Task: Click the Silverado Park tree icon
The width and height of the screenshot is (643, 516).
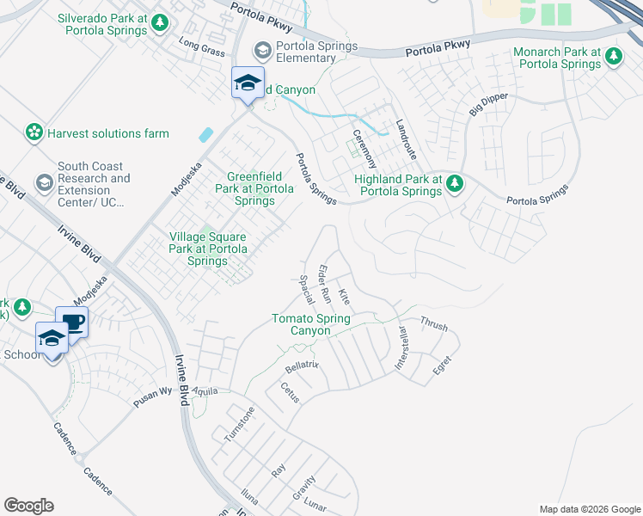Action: click(159, 22)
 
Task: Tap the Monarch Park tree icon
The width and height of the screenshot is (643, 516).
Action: click(613, 57)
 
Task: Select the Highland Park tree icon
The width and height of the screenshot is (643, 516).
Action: click(456, 182)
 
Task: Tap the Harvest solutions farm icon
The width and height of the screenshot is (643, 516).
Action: click(34, 133)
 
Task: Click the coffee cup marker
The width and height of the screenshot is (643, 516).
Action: click(72, 322)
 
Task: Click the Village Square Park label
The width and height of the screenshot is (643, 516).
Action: click(208, 249)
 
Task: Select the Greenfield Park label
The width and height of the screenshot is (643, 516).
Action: click(255, 188)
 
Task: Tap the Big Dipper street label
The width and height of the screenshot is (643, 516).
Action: click(487, 102)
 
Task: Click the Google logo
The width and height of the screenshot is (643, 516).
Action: click(28, 506)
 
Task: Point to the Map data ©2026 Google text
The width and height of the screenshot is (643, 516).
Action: click(589, 509)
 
